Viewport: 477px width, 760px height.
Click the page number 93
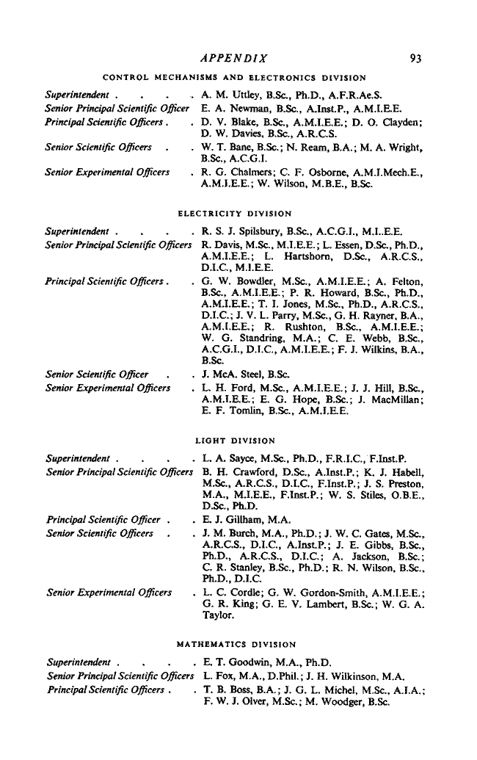coord(416,58)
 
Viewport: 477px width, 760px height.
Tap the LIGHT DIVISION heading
coord(234,441)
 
